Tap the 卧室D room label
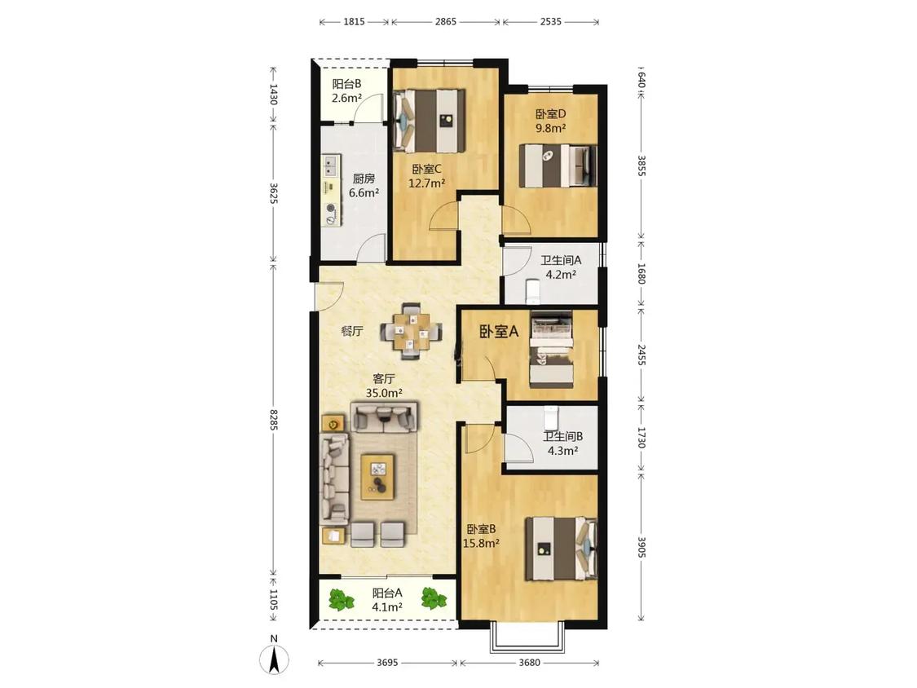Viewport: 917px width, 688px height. click(550, 113)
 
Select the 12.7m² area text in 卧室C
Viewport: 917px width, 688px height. click(426, 183)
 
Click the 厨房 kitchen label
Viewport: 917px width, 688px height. click(364, 179)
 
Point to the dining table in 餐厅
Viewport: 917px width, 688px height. click(411, 330)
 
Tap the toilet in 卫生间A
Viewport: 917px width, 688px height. click(533, 291)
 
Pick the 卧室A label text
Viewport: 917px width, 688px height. click(499, 332)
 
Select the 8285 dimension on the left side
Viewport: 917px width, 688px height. click(273, 420)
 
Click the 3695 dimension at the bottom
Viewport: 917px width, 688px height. click(387, 663)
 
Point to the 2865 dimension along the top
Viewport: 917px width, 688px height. click(445, 22)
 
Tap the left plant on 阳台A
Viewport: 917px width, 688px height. click(341, 600)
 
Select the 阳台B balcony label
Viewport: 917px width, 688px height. click(346, 84)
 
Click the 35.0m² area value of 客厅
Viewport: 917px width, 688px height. click(384, 393)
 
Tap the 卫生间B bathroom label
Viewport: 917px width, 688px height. click(562, 436)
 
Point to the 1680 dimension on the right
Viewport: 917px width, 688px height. click(641, 274)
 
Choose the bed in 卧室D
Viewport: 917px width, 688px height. click(558, 166)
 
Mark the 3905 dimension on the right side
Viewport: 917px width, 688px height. click(641, 547)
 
